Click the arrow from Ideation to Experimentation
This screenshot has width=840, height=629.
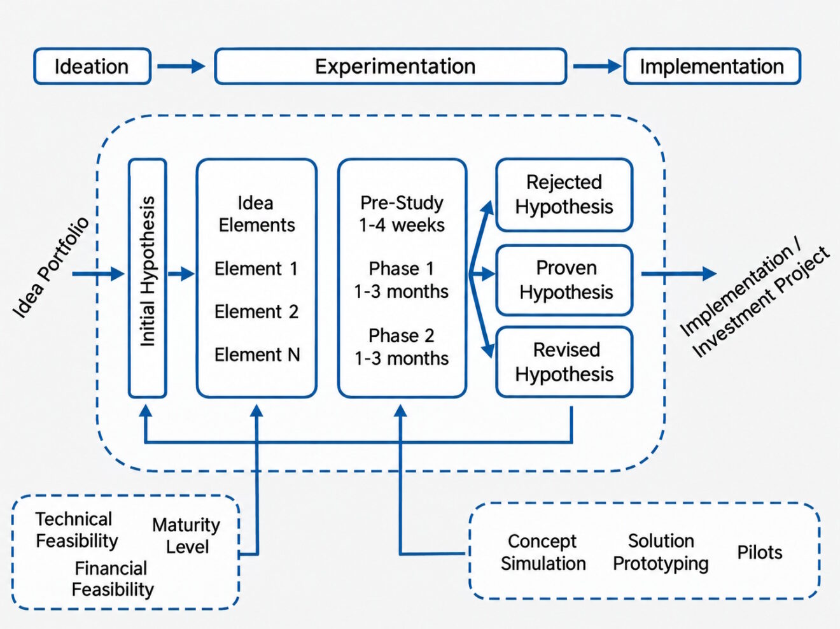click(x=181, y=66)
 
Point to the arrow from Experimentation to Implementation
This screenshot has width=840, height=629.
click(x=597, y=66)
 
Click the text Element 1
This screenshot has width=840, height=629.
click(x=256, y=269)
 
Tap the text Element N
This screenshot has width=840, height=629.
click(x=257, y=355)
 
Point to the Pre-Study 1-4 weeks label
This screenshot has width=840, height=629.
click(x=402, y=214)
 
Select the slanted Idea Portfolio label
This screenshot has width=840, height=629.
click(x=50, y=267)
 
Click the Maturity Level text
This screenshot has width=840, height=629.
click(x=186, y=535)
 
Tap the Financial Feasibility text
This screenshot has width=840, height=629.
click(x=113, y=579)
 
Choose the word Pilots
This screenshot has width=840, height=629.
click(x=760, y=553)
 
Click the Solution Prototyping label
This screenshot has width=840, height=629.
click(x=661, y=553)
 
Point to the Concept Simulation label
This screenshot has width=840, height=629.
click(x=543, y=553)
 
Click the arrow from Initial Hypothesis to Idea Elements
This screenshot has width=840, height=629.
click(x=181, y=274)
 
